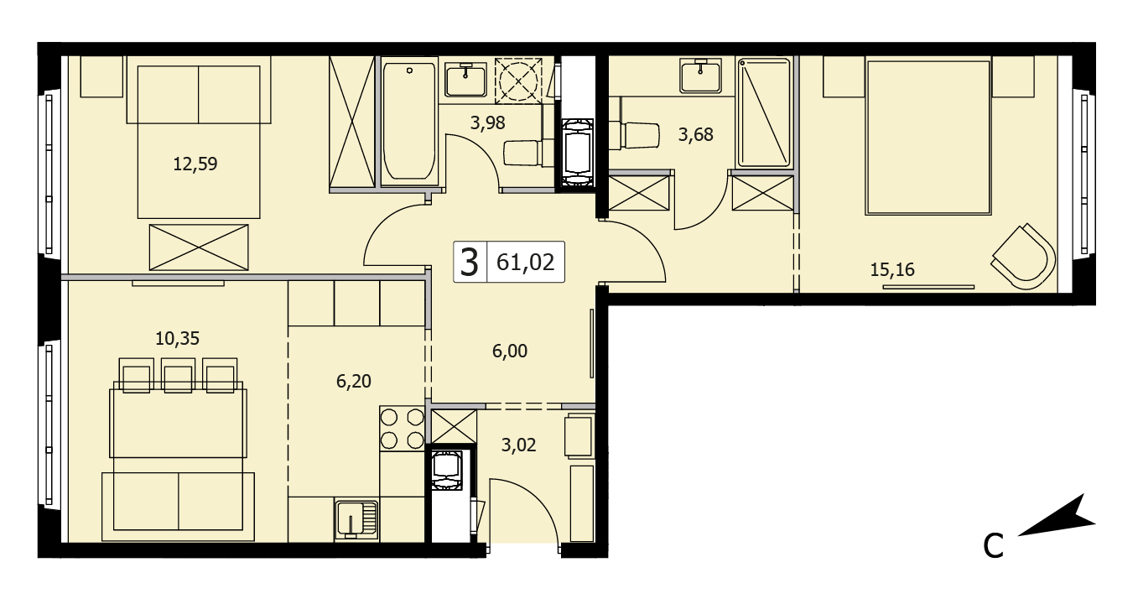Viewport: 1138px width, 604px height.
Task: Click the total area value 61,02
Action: pos(525,262)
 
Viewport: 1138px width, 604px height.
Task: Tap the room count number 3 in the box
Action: pos(469,263)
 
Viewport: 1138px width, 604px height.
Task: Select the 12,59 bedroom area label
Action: pos(195,164)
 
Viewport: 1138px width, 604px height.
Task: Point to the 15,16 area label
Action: pos(892,270)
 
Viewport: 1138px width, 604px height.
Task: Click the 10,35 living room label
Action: pos(177,338)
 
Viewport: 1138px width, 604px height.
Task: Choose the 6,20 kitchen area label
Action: pos(354,381)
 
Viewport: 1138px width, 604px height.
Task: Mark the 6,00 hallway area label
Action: pos(510,351)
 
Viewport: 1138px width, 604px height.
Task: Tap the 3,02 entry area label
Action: pos(518,445)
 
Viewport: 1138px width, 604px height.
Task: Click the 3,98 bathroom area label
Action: pos(487,123)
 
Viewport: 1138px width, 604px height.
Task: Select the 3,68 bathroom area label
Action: pos(695,134)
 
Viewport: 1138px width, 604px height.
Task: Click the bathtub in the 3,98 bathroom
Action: pos(409,121)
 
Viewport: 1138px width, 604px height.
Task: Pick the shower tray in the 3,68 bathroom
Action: pos(764,112)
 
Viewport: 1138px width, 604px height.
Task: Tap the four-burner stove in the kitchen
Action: pos(402,428)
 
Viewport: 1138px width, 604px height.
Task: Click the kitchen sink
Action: pos(356,519)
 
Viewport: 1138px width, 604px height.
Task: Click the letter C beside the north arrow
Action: pos(993,545)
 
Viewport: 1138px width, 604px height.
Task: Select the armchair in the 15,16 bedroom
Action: pos(1022,257)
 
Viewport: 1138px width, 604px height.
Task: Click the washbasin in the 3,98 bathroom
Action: pos(465,79)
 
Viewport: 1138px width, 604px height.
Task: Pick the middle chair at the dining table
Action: pos(179,375)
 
